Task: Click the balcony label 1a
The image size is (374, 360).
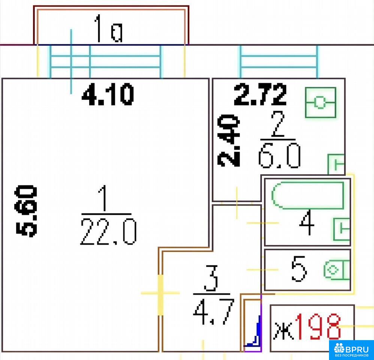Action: click(109, 28)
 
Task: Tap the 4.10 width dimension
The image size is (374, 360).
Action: click(108, 94)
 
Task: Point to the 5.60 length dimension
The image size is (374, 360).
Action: click(26, 211)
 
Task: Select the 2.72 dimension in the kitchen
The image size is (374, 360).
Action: click(260, 94)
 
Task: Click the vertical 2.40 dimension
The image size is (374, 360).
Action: click(229, 141)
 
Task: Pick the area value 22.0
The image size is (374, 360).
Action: click(109, 232)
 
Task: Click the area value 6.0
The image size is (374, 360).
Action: click(279, 155)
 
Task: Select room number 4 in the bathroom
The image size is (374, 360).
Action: click(307, 222)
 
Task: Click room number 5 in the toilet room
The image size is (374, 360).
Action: click(299, 269)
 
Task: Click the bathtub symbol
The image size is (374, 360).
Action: click(308, 195)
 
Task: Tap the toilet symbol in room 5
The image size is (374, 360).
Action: click(337, 270)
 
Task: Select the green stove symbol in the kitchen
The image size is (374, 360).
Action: click(320, 102)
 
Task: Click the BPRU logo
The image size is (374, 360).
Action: click(352, 350)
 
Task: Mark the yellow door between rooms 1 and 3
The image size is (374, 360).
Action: click(161, 295)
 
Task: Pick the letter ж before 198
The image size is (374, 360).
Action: click(283, 331)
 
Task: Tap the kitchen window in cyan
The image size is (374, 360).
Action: click(278, 61)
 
